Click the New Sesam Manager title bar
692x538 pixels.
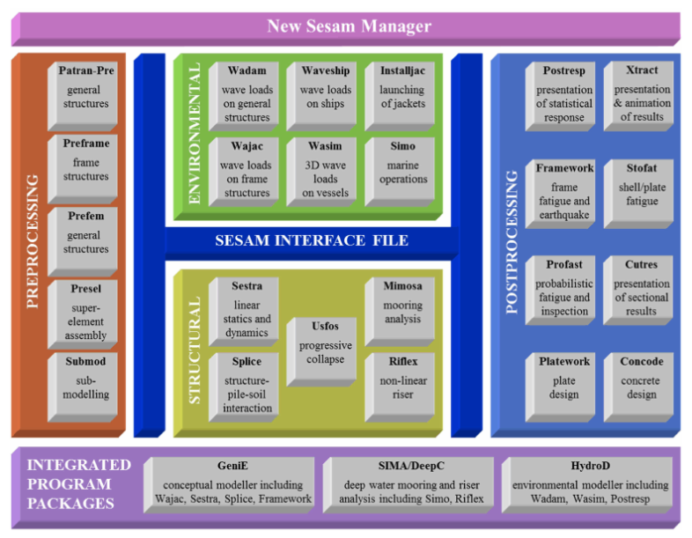click(x=349, y=26)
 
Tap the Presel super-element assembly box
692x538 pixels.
click(x=85, y=311)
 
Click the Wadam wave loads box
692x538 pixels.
click(x=247, y=93)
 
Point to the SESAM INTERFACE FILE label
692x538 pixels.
click(x=312, y=240)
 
